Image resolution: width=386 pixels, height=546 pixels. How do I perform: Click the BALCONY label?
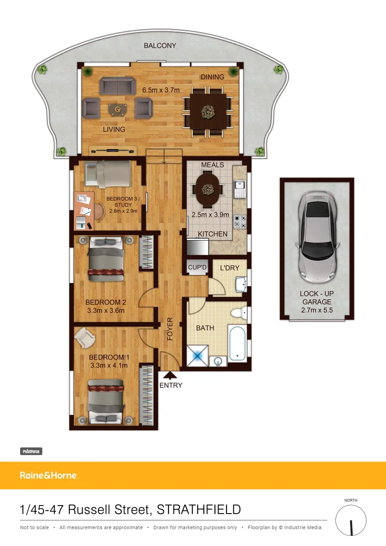(160, 45)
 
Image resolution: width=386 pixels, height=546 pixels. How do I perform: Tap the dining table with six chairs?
(207, 111)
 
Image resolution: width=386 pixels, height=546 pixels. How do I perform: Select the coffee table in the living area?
(118, 108)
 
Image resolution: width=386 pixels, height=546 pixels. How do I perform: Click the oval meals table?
(206, 189)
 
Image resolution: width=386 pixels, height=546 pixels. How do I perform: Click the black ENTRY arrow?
(170, 375)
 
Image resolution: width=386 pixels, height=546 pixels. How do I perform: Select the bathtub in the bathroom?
(238, 344)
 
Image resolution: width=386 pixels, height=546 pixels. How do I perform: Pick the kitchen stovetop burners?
(240, 221)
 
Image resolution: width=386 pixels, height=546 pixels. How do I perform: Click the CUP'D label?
(197, 267)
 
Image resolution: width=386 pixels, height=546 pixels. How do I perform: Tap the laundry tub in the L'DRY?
(241, 285)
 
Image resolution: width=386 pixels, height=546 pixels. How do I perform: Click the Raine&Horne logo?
(49, 475)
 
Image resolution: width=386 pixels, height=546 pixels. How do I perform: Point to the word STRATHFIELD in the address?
(199, 509)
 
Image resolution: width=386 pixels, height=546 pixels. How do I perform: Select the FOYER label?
(170, 329)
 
